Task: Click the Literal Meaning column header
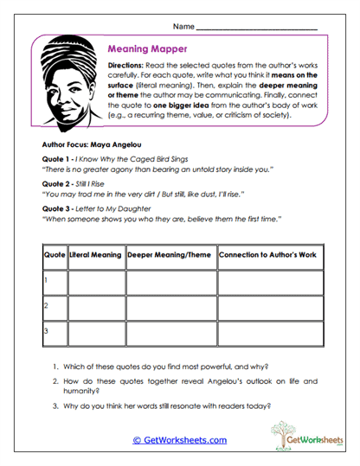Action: click(x=96, y=256)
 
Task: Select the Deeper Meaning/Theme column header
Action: click(x=170, y=256)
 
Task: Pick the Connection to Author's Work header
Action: click(x=269, y=256)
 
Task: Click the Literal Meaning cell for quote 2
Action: click(x=96, y=306)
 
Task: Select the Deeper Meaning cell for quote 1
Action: click(x=170, y=281)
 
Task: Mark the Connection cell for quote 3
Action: click(x=269, y=331)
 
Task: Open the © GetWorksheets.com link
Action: click(x=179, y=439)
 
